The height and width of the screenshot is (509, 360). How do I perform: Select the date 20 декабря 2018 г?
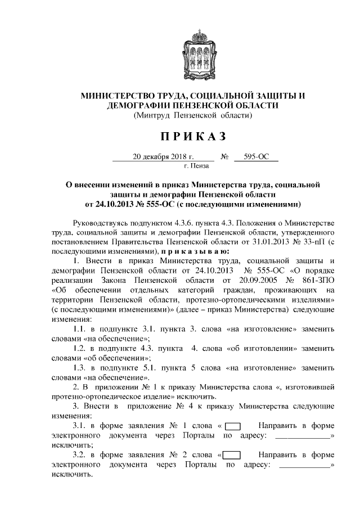pos(163,157)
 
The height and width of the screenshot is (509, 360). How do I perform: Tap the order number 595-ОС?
pos(254,157)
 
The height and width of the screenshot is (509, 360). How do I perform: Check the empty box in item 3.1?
pos(237,426)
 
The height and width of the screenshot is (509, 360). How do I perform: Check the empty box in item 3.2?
pos(232,455)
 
